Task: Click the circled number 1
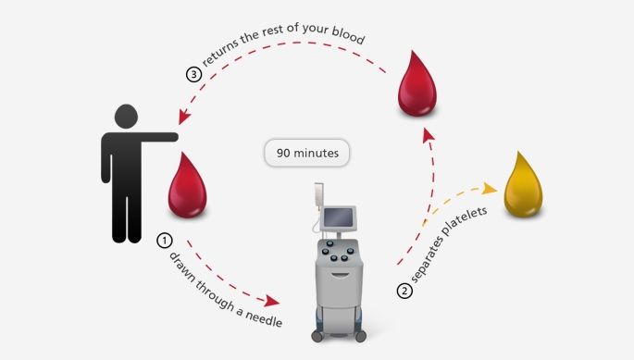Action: pos(164,241)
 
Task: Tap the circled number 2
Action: pos(404,291)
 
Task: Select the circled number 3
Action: pos(193,74)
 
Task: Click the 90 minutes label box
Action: pos(307,153)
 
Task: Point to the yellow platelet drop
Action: pos(523,186)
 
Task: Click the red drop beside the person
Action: pos(187,187)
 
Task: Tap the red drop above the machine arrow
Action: pos(417,85)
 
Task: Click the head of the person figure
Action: pos(126,117)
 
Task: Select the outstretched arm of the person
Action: pos(159,137)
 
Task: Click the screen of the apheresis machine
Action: pos(338,217)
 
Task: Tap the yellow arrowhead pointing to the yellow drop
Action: pos(490,189)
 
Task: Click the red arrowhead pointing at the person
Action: pos(184,117)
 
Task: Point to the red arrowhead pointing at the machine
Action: pos(272,301)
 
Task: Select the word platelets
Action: pos(465,221)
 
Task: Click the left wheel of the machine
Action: pos(317,336)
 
